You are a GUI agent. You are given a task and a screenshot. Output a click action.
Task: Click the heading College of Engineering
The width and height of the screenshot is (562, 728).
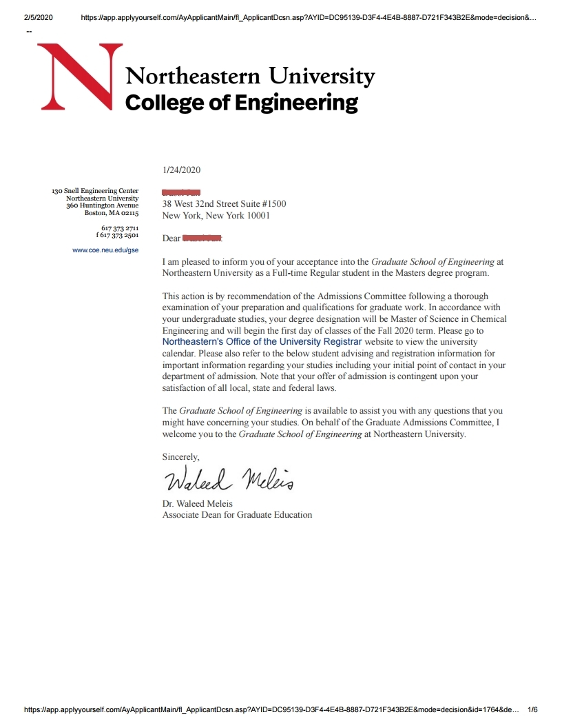[x=241, y=103]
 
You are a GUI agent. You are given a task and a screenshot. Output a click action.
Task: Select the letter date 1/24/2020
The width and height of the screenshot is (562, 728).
[x=181, y=170]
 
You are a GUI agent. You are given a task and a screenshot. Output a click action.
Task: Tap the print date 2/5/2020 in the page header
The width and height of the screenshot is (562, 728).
[x=38, y=17]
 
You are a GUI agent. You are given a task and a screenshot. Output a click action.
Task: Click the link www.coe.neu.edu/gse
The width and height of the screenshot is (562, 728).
[x=105, y=250]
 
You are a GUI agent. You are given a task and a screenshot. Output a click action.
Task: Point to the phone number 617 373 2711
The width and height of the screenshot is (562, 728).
[x=120, y=228]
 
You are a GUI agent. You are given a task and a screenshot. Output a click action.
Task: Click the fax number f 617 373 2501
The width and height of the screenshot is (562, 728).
[x=117, y=235]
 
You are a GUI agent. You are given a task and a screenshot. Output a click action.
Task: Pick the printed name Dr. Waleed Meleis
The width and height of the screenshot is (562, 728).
[x=198, y=503]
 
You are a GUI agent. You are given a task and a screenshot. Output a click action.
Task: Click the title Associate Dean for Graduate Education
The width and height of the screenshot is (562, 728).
[x=237, y=514]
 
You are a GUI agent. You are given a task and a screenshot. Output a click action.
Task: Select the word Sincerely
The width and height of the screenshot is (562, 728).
[x=180, y=456]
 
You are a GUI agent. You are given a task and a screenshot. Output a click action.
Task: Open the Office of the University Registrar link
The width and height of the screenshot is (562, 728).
[x=262, y=341]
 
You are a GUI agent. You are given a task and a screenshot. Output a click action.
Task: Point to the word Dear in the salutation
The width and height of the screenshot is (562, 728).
[x=171, y=239]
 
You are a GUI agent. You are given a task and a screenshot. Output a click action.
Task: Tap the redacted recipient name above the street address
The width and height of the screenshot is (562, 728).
[x=181, y=192]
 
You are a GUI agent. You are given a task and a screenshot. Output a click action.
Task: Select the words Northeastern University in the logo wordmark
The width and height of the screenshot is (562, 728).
[x=250, y=76]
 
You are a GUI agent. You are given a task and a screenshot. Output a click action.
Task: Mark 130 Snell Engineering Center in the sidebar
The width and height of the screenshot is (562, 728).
[x=95, y=191]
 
